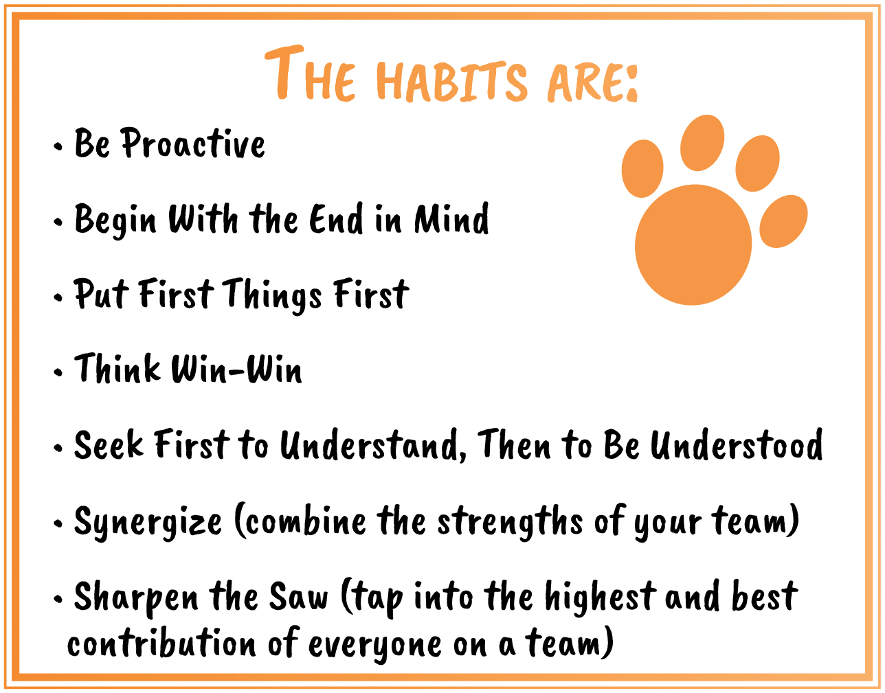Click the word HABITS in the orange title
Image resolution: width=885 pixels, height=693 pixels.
click(x=452, y=81)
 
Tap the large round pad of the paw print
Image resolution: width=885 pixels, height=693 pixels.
click(x=693, y=245)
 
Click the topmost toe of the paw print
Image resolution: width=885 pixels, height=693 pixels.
click(x=702, y=143)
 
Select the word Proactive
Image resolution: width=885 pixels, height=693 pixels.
click(x=194, y=143)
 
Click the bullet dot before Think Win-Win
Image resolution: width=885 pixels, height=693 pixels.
click(x=58, y=372)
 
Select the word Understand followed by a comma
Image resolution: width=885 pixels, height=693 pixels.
click(x=374, y=445)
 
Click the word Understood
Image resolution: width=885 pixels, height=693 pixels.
click(x=737, y=444)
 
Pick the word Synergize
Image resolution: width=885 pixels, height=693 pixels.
click(x=148, y=523)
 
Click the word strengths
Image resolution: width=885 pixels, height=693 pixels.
click(x=510, y=522)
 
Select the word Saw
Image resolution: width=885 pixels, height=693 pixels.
click(x=298, y=597)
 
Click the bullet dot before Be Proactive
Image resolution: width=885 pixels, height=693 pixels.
click(x=58, y=146)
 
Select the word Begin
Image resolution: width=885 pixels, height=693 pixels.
click(x=115, y=220)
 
